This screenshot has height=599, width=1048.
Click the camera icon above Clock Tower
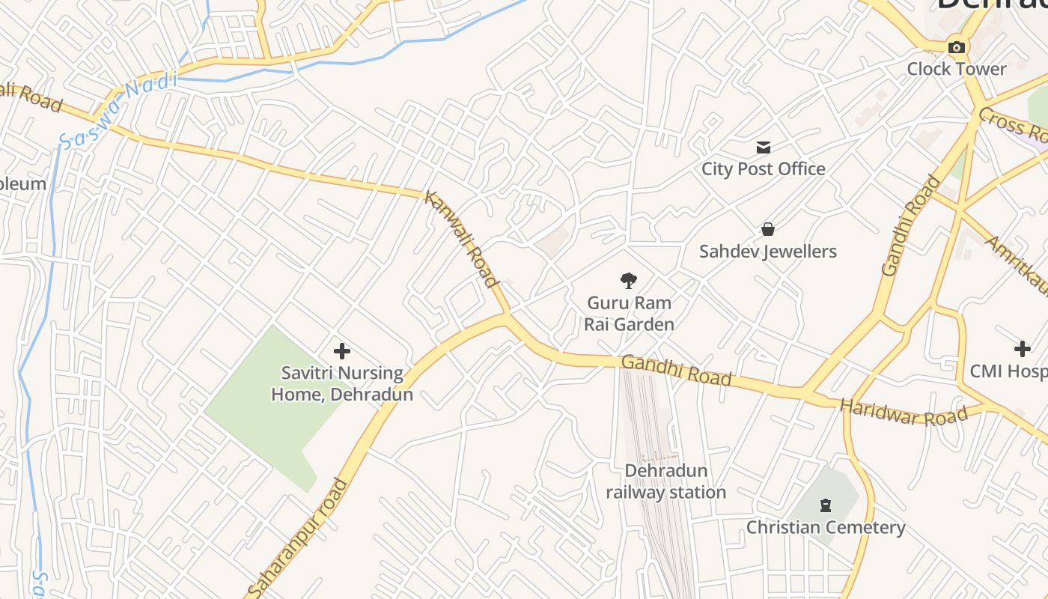(956, 47)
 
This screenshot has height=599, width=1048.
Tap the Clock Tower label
(956, 69)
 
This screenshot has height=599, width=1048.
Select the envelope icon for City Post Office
(764, 147)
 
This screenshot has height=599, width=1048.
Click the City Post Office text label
(763, 169)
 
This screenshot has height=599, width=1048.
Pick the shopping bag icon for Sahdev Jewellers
(767, 229)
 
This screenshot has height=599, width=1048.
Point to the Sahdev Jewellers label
(767, 252)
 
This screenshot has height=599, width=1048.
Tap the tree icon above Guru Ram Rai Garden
(629, 281)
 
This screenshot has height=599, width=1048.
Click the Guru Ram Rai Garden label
(629, 314)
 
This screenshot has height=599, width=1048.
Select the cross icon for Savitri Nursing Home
(341, 350)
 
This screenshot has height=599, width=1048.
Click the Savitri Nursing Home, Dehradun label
(341, 383)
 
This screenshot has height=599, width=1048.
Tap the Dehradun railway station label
(665, 481)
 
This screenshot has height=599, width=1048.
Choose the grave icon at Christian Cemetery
(825, 505)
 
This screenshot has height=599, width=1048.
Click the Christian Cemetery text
(825, 528)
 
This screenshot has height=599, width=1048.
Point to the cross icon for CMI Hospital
(1022, 348)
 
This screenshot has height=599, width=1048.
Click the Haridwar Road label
(904, 413)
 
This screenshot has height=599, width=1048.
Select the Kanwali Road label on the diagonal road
(461, 239)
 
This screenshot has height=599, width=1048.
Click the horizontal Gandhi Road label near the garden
(676, 371)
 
